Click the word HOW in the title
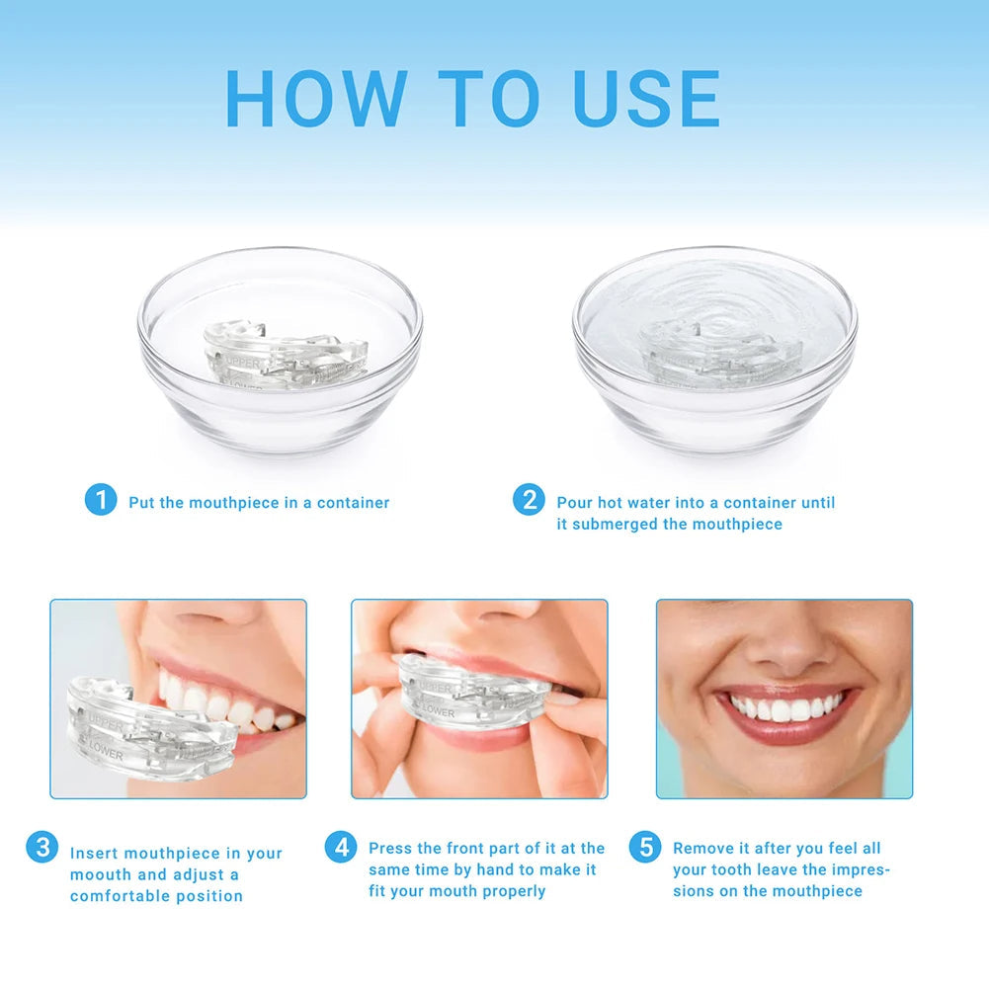coord(315,98)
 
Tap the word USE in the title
coord(647,98)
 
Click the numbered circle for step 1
coord(100,500)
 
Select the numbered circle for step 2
coord(529,500)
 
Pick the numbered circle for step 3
coord(41,847)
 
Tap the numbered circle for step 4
coord(341,847)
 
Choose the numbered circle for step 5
coord(645,847)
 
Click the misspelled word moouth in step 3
coord(100,874)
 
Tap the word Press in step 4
coord(391,848)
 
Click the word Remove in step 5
coord(702,848)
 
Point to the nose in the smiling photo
coord(782,647)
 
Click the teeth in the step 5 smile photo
coord(786,708)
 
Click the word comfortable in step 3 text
coord(123,896)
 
